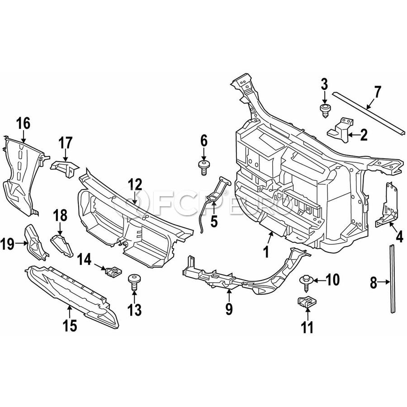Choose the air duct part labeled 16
point(20,176)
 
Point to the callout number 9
point(229,310)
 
